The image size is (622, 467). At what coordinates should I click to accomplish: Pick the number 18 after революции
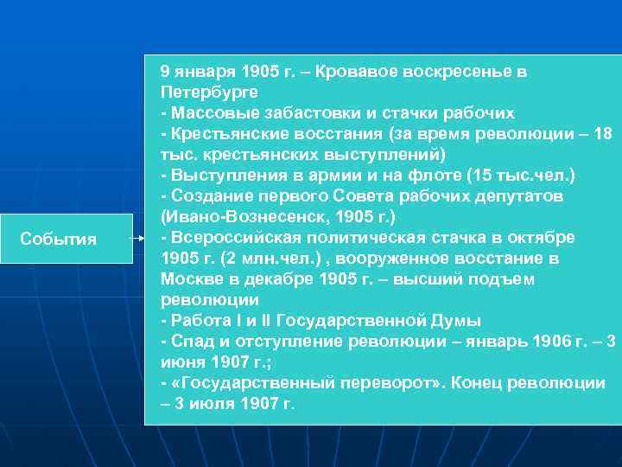tap(604, 134)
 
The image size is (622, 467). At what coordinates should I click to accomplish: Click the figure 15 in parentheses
tap(479, 176)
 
